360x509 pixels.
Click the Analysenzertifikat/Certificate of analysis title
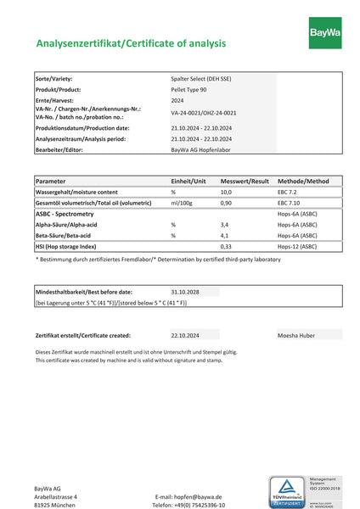[x=131, y=42]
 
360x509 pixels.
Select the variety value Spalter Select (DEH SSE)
[x=200, y=79]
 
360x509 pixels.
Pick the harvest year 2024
[x=177, y=100]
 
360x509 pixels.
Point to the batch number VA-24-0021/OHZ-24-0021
[x=203, y=113]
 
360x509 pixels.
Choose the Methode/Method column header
[x=303, y=181]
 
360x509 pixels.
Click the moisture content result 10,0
[x=226, y=193]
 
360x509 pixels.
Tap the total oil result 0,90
[x=226, y=204]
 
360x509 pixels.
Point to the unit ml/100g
[x=183, y=204]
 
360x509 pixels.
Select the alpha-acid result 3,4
[x=224, y=225]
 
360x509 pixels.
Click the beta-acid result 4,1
[x=224, y=235]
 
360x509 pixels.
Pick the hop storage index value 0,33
[x=226, y=246]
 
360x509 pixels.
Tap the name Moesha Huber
[x=296, y=335]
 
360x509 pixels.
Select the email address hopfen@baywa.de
[x=188, y=496]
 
